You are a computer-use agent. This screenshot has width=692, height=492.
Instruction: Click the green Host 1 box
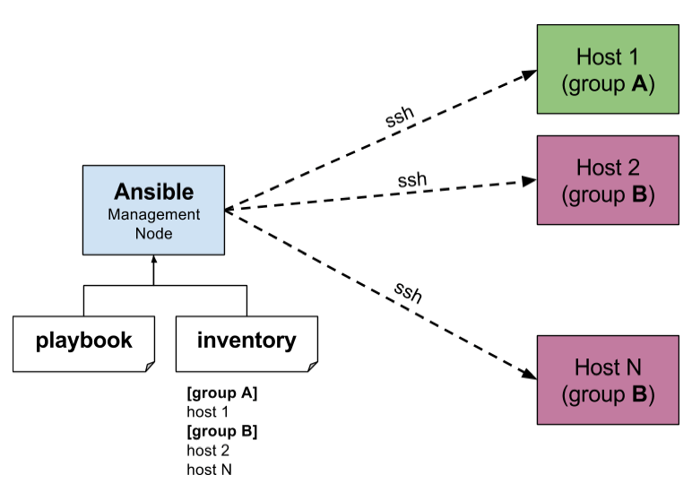point(607,70)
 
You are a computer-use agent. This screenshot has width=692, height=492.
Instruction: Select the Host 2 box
point(607,179)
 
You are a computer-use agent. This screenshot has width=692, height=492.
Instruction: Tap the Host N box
point(607,379)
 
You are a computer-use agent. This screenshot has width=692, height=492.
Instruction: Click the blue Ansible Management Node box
point(153,210)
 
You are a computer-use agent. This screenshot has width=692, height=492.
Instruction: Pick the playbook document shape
point(84,341)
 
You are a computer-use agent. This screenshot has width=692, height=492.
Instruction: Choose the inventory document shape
point(246,341)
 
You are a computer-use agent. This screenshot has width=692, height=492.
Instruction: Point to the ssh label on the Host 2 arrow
point(411,179)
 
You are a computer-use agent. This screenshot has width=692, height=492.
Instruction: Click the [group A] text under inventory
point(221,393)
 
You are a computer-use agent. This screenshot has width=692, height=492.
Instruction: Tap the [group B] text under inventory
point(221,431)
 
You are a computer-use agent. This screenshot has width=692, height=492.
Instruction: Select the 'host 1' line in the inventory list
point(207,412)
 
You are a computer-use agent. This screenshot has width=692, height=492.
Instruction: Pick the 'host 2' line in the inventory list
point(207,450)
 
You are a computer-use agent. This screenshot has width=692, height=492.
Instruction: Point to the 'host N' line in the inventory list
point(208,469)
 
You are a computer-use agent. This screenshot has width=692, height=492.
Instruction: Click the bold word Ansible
point(153,192)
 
